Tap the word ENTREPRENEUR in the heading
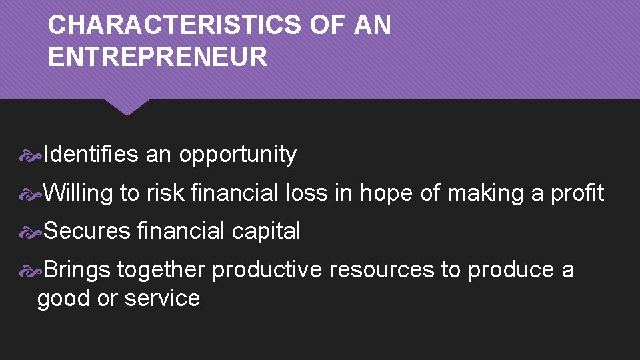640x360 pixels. (157, 57)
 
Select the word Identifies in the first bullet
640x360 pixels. (91, 155)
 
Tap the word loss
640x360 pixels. (305, 193)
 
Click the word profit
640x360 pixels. (577, 193)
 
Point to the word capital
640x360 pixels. (266, 232)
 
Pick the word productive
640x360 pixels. (267, 270)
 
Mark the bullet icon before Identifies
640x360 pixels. (32, 156)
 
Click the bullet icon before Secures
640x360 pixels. (32, 232)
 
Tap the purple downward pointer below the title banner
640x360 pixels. (127, 107)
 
